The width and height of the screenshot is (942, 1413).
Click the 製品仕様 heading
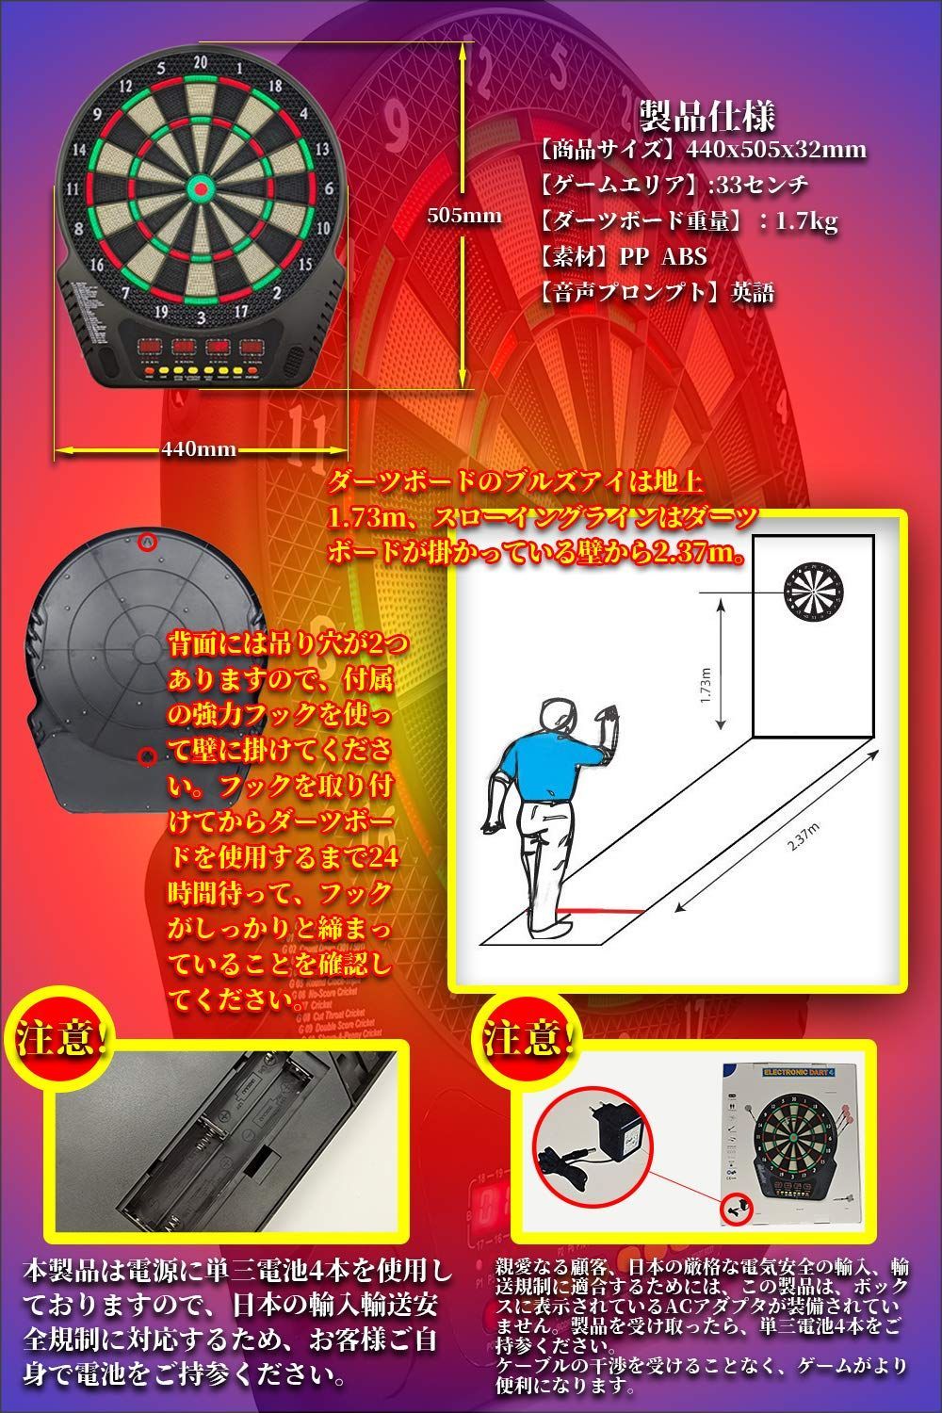point(707,117)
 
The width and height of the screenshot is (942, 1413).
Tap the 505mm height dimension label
point(464,215)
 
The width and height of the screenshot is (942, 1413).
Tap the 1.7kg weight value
point(807,221)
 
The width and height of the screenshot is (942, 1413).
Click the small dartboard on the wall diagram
point(817,591)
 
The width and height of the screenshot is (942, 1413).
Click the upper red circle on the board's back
point(146,542)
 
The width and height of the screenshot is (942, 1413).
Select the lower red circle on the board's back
point(146,756)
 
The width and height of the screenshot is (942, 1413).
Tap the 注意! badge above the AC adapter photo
point(528,1039)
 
